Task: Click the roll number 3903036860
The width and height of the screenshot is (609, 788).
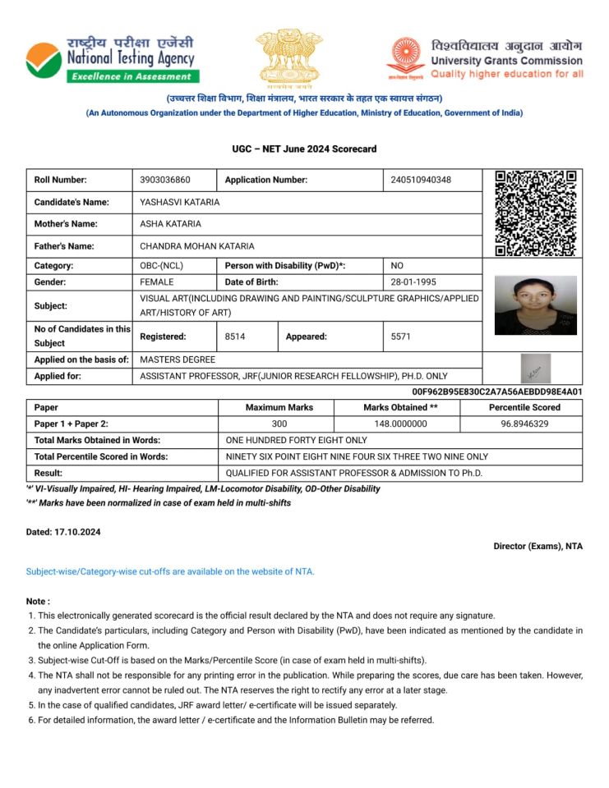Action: (165, 180)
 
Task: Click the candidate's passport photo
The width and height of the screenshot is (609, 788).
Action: (535, 305)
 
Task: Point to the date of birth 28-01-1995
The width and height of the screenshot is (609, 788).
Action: (413, 282)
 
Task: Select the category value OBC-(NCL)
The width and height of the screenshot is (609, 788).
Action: (163, 266)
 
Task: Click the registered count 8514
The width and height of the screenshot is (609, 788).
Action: (235, 337)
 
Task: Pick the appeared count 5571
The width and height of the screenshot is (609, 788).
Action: (401, 337)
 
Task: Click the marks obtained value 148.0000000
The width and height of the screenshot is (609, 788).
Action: (397, 424)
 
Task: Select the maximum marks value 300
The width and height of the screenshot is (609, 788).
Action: (279, 424)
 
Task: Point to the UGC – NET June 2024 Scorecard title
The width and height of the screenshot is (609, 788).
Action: (304, 149)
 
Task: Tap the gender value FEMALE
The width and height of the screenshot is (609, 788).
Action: (157, 282)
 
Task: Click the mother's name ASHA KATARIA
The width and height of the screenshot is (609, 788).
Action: (170, 223)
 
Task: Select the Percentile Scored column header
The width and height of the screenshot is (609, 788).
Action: (524, 407)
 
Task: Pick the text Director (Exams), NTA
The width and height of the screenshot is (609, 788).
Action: (537, 546)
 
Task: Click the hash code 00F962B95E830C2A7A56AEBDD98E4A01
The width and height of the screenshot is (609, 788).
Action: (496, 392)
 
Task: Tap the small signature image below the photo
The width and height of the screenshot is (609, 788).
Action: (536, 369)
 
